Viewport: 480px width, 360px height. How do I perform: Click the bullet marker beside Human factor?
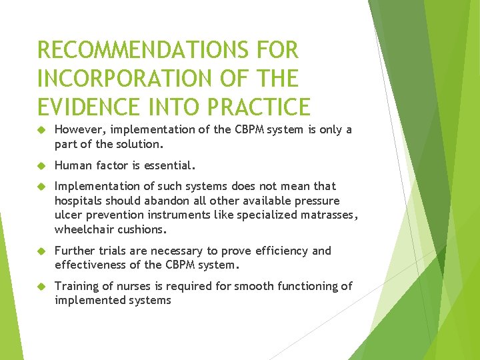pos(40,164)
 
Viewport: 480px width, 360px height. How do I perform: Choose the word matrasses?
pos(329,215)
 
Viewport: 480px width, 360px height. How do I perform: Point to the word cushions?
pos(143,229)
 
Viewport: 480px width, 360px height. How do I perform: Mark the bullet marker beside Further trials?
pos(40,251)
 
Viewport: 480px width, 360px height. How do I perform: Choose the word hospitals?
pos(79,201)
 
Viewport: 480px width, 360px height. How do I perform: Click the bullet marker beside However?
pos(40,129)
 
